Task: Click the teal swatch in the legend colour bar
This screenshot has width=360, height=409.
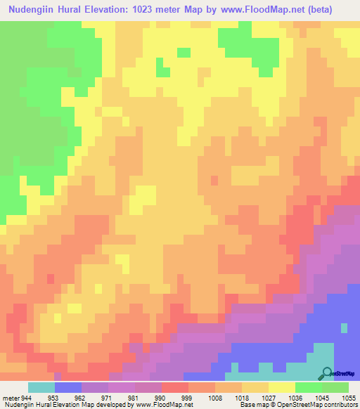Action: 41,387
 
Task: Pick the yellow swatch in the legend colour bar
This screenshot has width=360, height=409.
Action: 282,387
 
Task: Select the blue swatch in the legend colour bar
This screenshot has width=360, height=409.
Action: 68,387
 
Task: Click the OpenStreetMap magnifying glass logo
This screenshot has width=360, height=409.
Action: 327,373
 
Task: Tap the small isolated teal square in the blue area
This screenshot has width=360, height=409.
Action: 344,327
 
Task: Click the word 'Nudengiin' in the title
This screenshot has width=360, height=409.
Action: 34,10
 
